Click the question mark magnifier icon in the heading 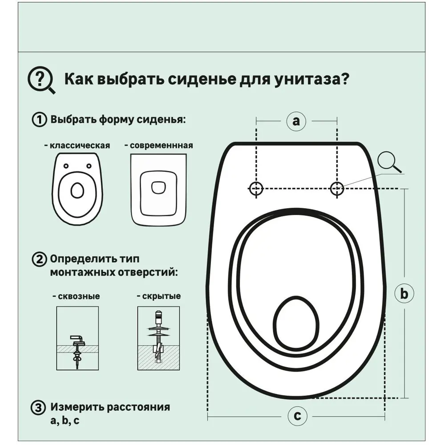(41, 80)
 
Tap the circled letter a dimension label (296, 121)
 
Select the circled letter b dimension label (404, 294)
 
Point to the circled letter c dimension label (297, 417)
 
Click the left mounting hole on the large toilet (256, 189)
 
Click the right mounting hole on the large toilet (337, 189)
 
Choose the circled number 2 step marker (39, 259)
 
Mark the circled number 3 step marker (39, 408)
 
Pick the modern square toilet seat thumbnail (158, 189)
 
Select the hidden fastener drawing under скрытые (158, 339)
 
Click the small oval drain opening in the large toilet (296, 322)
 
